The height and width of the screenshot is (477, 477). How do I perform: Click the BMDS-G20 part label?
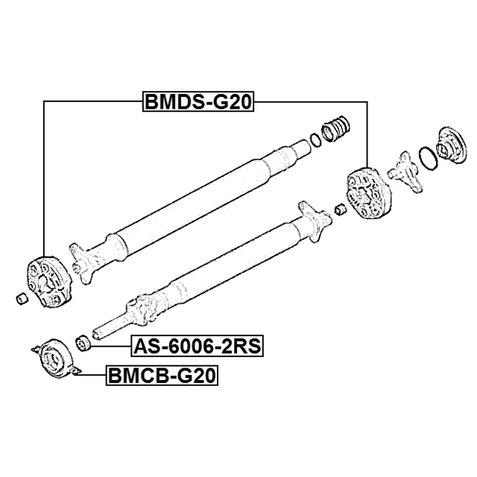click(x=198, y=101)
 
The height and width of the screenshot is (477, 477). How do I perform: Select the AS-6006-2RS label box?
click(x=197, y=346)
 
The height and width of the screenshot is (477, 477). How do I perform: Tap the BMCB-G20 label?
click(x=162, y=376)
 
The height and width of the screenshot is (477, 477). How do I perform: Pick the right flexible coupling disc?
click(x=369, y=192)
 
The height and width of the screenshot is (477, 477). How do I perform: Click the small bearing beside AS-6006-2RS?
click(x=83, y=343)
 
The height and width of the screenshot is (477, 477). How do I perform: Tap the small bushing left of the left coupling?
click(x=22, y=299)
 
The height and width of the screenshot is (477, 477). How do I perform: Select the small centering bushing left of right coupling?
click(x=340, y=209)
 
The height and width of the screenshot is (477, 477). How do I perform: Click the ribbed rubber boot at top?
click(x=336, y=129)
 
